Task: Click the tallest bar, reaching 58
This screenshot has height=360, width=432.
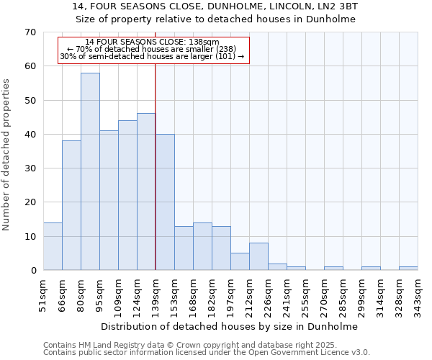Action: [x=90, y=171]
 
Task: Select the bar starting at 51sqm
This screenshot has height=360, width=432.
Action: [x=53, y=246]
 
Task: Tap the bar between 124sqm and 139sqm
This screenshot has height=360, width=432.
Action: [x=146, y=192]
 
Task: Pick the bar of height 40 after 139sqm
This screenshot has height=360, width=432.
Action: [x=165, y=202]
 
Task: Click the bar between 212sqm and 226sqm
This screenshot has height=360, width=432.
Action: [x=258, y=256]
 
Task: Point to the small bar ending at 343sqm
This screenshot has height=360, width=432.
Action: [x=408, y=269]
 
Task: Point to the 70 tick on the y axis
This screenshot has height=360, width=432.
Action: [x=30, y=32]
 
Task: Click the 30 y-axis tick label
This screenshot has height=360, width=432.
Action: [x=30, y=168]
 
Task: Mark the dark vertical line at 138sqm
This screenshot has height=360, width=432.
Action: [x=156, y=180]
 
